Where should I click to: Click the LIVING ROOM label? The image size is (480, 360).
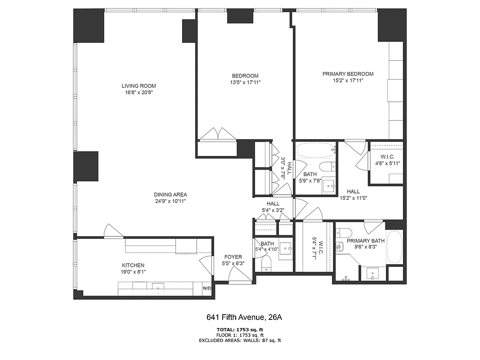tap(139, 86)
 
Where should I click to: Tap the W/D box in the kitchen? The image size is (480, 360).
tap(207, 288)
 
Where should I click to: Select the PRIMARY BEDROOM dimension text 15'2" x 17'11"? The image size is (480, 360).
tap(348, 81)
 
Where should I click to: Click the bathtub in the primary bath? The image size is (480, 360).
tap(395, 247)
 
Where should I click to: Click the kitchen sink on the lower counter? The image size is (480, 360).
tap(158, 287)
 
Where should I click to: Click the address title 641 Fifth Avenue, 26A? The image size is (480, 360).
tap(244, 317)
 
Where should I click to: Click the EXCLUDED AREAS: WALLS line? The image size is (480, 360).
tap(240, 341)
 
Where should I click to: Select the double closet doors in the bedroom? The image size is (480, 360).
tap(217, 134)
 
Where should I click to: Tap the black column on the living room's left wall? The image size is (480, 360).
tap(86, 166)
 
